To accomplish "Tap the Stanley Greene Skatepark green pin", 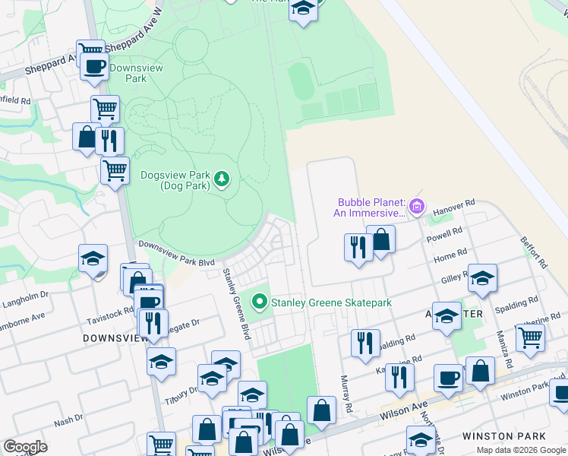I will coord(260,302).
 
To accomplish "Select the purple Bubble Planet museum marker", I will coord(416,206).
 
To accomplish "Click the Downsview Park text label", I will coord(128,73).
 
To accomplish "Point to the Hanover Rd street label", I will coord(459,206).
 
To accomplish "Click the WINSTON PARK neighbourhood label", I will coord(504,436).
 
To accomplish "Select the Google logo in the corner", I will coord(25,447).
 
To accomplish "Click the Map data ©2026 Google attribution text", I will coord(521,450).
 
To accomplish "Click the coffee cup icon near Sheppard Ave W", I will coord(93,66).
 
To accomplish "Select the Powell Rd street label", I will coord(448,233).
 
